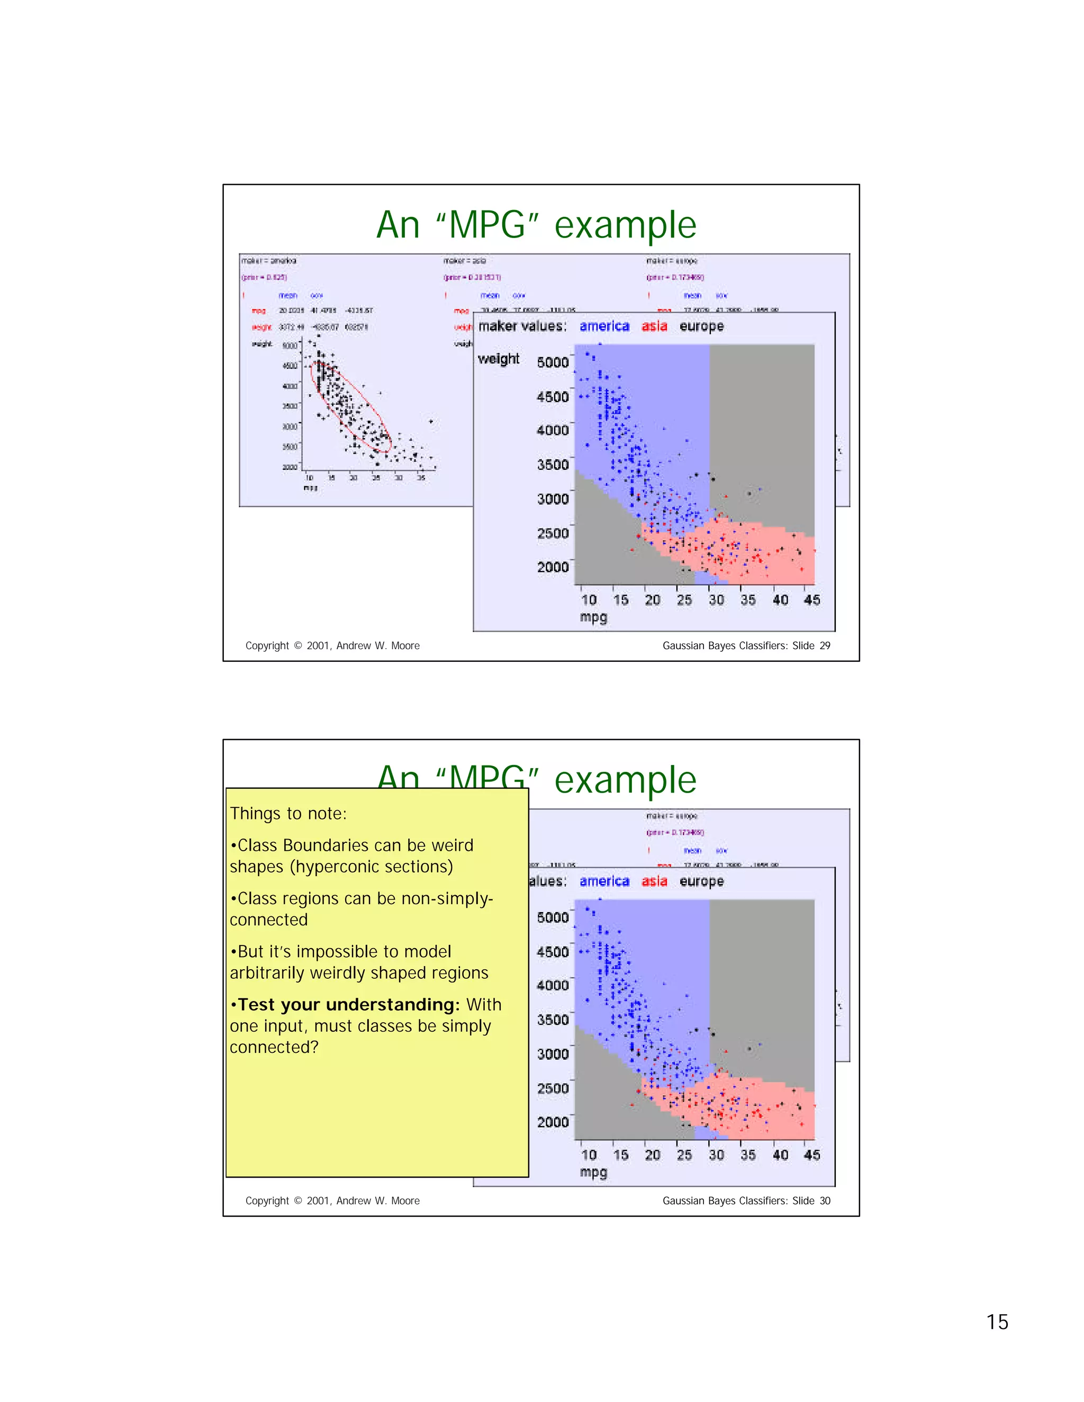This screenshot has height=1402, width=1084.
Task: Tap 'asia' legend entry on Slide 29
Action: pyautogui.click(x=654, y=326)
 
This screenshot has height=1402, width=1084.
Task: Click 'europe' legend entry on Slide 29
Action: pyautogui.click(x=701, y=326)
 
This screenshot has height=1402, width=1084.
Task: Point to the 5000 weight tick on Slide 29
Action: pyautogui.click(x=552, y=362)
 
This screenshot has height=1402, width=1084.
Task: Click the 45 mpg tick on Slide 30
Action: pyautogui.click(x=812, y=1155)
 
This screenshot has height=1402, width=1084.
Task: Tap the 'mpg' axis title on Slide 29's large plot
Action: pyautogui.click(x=593, y=617)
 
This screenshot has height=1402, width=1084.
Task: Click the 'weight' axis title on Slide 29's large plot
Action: pyautogui.click(x=498, y=359)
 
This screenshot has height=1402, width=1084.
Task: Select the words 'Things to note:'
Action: pyautogui.click(x=288, y=813)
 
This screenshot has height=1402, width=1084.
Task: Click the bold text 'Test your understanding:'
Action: pyautogui.click(x=349, y=1004)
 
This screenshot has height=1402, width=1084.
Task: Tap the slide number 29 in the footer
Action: pyautogui.click(x=825, y=646)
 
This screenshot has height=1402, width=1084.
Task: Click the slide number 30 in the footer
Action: pyautogui.click(x=825, y=1200)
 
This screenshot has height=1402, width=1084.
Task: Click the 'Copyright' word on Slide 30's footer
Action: pyautogui.click(x=267, y=1200)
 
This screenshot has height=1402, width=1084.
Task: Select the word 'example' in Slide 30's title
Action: pyautogui.click(x=625, y=780)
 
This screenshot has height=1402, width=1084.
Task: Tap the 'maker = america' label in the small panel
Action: pyautogui.click(x=268, y=261)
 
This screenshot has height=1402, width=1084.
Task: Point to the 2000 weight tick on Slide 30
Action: pyautogui.click(x=552, y=1122)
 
